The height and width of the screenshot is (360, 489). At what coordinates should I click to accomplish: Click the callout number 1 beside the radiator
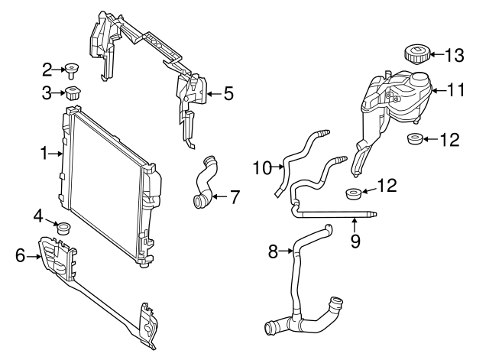(x=44, y=154)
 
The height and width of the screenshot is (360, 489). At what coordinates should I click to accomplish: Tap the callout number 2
(x=47, y=70)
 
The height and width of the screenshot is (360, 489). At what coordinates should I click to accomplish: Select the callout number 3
(x=47, y=94)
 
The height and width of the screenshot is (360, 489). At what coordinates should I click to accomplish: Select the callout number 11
(x=456, y=89)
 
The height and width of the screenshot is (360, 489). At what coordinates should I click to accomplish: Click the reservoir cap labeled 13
(x=416, y=54)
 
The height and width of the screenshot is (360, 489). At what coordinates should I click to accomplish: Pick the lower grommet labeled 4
(x=64, y=228)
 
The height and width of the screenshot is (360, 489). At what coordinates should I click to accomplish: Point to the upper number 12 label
(x=451, y=139)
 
